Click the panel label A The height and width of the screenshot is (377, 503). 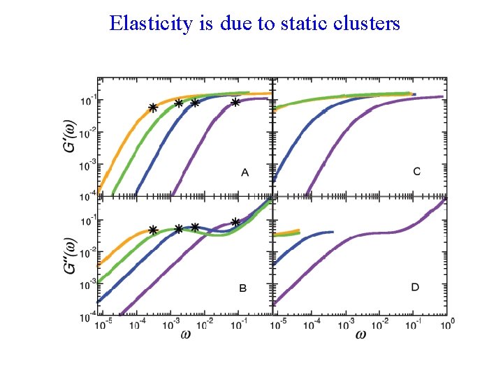click(245, 172)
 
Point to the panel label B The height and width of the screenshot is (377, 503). click(242, 288)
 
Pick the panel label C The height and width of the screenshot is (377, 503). click(417, 172)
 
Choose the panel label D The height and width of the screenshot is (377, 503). click(415, 287)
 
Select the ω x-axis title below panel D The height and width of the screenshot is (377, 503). click(360, 334)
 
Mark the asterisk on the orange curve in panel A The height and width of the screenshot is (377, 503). click(152, 108)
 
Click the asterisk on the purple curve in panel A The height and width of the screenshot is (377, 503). click(235, 103)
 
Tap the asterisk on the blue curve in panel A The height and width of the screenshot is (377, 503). click(195, 103)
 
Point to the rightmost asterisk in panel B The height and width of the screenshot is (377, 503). click(235, 222)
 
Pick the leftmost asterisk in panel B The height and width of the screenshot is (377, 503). click(152, 230)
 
